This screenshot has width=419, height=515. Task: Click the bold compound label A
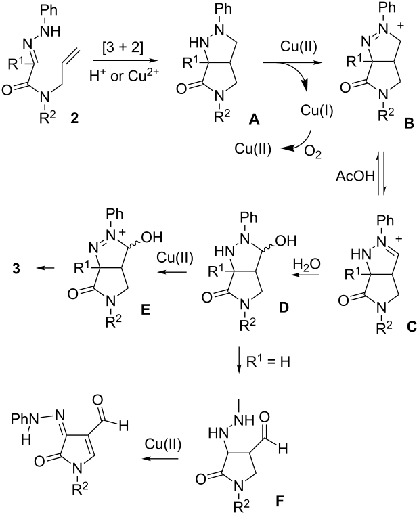click(254, 120)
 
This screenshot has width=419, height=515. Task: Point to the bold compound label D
click(283, 307)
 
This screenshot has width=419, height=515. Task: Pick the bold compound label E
click(146, 309)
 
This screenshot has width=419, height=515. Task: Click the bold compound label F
click(280, 501)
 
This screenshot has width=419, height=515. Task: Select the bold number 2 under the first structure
click(74, 118)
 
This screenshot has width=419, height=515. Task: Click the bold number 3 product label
click(16, 269)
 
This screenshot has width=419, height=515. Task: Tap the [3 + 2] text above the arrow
click(123, 48)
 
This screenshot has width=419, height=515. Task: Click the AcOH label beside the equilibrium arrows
click(355, 177)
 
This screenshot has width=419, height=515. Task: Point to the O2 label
click(313, 152)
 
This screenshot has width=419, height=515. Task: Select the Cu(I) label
click(317, 111)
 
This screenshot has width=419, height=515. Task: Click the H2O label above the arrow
click(306, 263)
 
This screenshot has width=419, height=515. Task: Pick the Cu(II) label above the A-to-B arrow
click(299, 47)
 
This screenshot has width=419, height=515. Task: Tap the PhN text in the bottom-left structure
click(25, 418)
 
